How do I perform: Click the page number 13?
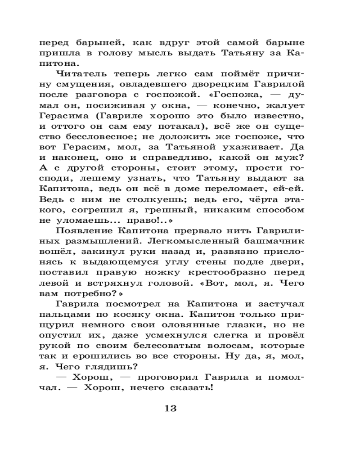coord(171,409)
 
